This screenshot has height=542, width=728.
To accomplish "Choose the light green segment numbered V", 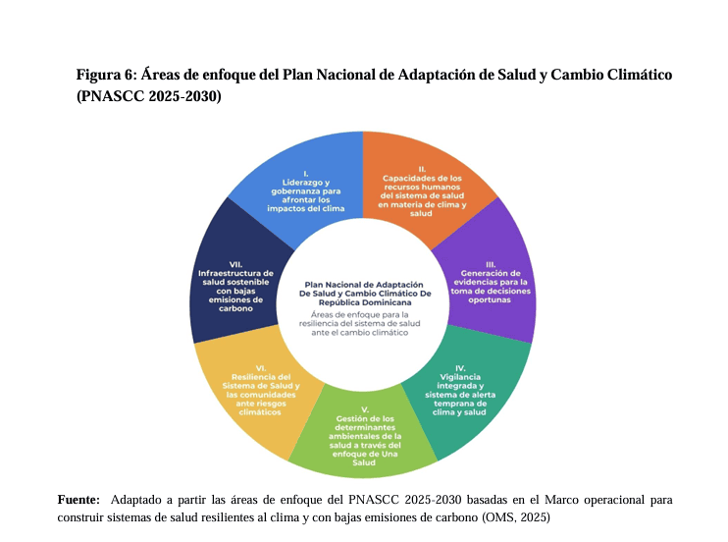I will [365, 436].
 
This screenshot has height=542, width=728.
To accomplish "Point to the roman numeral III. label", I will [490, 262].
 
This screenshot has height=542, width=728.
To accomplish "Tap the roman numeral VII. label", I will [235, 263].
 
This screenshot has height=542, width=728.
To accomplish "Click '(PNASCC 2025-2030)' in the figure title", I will [148, 96].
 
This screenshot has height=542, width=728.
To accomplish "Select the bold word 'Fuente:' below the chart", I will [78, 500].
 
